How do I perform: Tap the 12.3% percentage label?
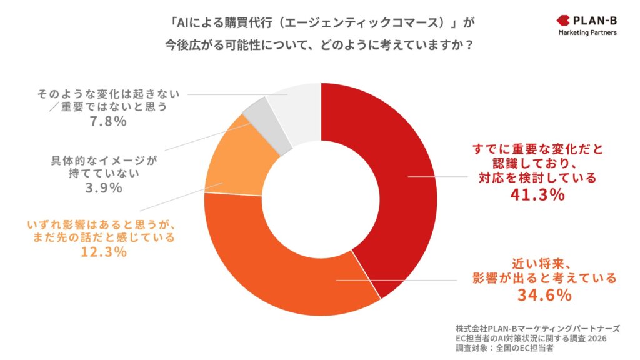click(x=104, y=252)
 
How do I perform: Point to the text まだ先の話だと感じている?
click(x=104, y=237)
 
